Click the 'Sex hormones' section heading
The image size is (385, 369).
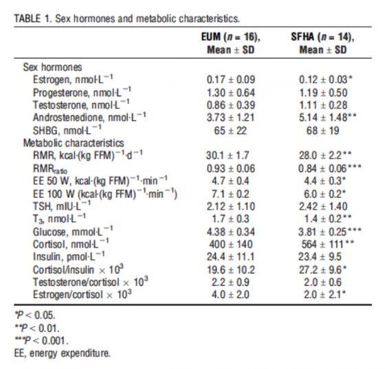52,68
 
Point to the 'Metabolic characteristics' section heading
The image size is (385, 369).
72,143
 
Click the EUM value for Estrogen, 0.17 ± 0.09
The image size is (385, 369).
230,80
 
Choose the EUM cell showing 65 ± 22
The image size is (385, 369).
230,131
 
